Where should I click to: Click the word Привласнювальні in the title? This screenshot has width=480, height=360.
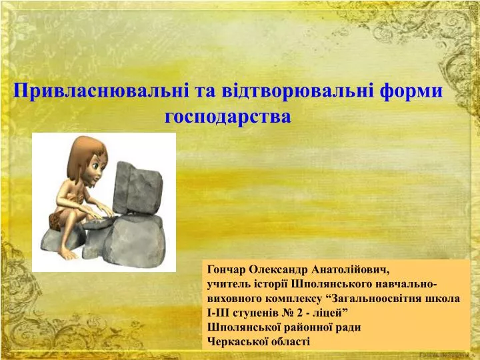click(x=101, y=91)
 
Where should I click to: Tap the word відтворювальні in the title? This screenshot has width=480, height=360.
click(x=297, y=91)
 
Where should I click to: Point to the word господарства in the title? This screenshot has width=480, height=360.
click(x=228, y=116)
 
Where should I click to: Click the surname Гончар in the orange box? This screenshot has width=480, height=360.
click(x=227, y=270)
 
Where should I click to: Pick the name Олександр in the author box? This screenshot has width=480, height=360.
click(x=279, y=270)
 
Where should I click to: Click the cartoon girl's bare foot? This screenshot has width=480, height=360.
click(x=68, y=254)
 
